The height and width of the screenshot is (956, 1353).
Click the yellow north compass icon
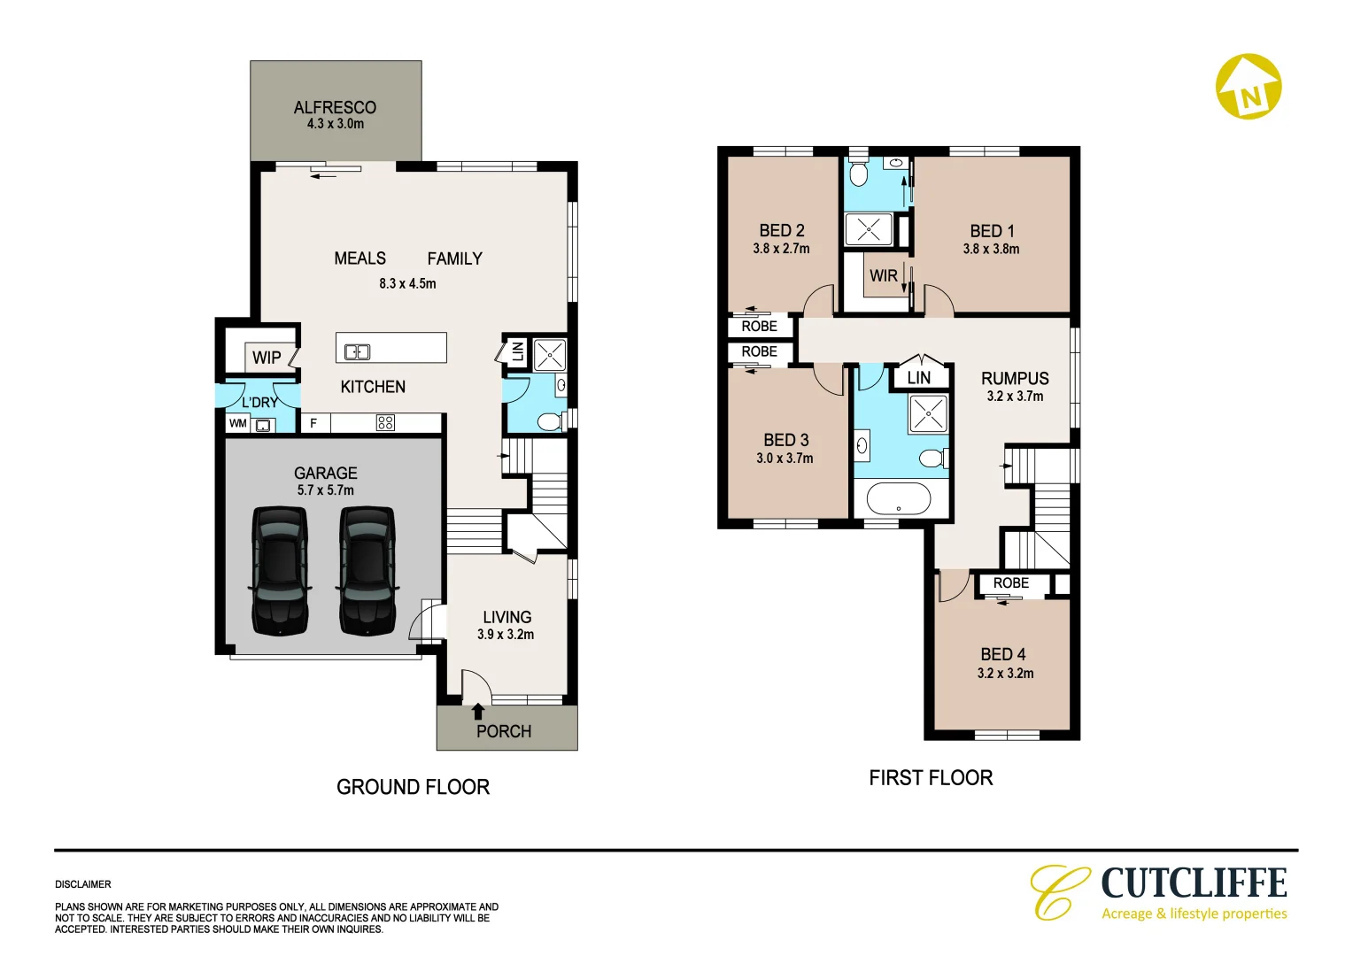pos(1249,87)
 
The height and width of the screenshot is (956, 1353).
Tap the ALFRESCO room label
pos(335,107)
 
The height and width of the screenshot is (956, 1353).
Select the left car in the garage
pos(280,570)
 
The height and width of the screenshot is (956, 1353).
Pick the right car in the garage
pos(367,570)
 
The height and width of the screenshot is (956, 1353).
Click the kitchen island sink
pos(357,351)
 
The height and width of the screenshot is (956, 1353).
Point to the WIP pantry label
pos(267,358)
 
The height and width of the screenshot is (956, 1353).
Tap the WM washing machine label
pos(237,424)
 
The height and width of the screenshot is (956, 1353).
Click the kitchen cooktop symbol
pos(385,422)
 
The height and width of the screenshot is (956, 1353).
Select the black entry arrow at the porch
pos(478,710)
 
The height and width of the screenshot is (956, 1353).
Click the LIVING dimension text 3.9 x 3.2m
pos(506,635)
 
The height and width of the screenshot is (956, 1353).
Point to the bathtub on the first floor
pos(898,498)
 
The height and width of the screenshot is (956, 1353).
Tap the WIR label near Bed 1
pos(883,275)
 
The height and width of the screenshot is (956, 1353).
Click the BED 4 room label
pos(1003,654)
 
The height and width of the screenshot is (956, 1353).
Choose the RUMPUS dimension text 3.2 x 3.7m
pos(1015,397)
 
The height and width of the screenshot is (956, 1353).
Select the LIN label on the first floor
pos(919,378)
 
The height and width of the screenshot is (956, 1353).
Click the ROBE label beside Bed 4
pos(1010,583)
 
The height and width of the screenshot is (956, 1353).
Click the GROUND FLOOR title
pos(413,787)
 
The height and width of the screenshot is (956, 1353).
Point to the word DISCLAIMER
pos(83,884)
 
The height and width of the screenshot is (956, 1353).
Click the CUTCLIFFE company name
pos(1194,883)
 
